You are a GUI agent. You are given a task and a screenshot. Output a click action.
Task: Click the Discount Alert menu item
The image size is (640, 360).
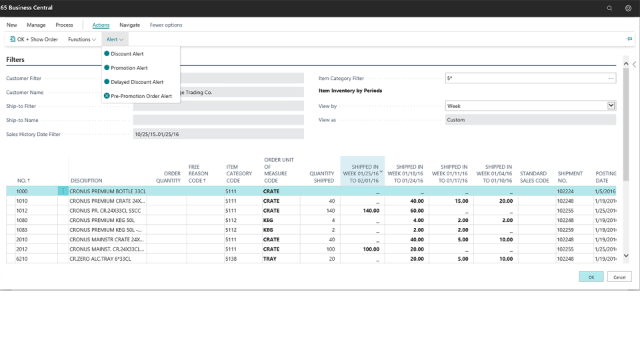[127, 54]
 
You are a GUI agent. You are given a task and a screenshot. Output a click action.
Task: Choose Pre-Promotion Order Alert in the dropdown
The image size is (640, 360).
[141, 96]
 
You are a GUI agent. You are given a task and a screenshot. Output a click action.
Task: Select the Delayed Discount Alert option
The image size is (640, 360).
[137, 82]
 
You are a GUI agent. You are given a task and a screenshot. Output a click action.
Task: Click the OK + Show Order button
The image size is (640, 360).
[34, 39]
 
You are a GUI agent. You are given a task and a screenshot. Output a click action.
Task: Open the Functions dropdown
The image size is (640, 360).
[82, 39]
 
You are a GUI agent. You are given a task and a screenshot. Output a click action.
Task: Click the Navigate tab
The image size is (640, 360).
[129, 25]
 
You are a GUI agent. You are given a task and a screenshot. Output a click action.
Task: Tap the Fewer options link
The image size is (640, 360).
[166, 25]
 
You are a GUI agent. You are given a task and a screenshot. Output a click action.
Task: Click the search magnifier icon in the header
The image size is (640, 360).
[609, 8]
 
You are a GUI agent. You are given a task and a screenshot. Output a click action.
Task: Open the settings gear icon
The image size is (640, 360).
[628, 8]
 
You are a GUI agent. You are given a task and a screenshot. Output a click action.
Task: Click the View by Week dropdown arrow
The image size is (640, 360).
[611, 106]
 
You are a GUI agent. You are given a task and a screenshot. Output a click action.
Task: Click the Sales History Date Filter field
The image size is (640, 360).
[218, 134]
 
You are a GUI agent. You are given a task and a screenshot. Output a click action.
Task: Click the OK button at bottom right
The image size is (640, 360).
[591, 277]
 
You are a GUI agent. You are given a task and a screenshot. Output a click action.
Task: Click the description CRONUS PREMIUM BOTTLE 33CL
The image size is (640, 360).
[107, 191]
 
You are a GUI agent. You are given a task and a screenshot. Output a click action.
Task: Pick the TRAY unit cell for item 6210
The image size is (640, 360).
[270, 259]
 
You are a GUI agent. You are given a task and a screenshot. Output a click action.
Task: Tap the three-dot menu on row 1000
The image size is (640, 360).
[63, 191]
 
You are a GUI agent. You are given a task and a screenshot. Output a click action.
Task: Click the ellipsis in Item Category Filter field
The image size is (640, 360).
[611, 79]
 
